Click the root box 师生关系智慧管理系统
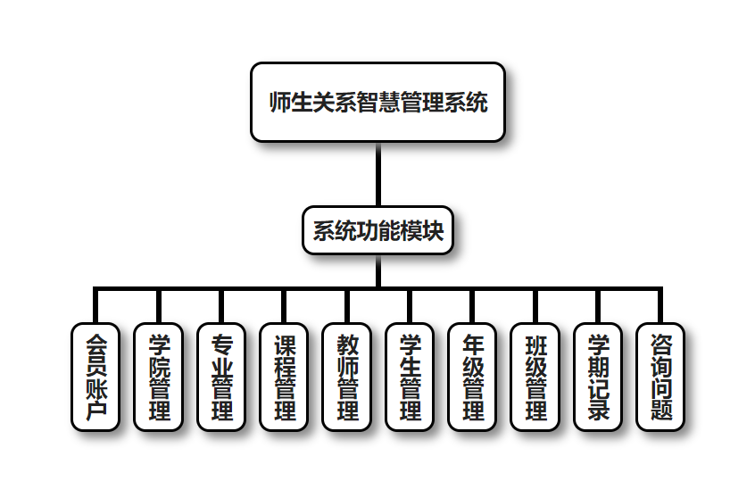point(377,102)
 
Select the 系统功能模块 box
point(377,230)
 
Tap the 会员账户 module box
point(95,377)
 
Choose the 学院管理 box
point(158,377)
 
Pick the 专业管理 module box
point(220,377)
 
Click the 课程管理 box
point(284,377)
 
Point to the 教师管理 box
point(346,377)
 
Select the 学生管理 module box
point(410,377)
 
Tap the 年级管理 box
point(472,377)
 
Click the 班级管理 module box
point(535,377)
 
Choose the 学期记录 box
point(598,377)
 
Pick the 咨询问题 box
point(660,377)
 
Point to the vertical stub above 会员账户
point(95,306)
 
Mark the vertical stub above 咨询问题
point(660,306)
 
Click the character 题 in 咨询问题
point(660,411)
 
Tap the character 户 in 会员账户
point(95,411)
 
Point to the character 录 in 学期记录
point(598,411)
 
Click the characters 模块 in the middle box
point(421,230)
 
